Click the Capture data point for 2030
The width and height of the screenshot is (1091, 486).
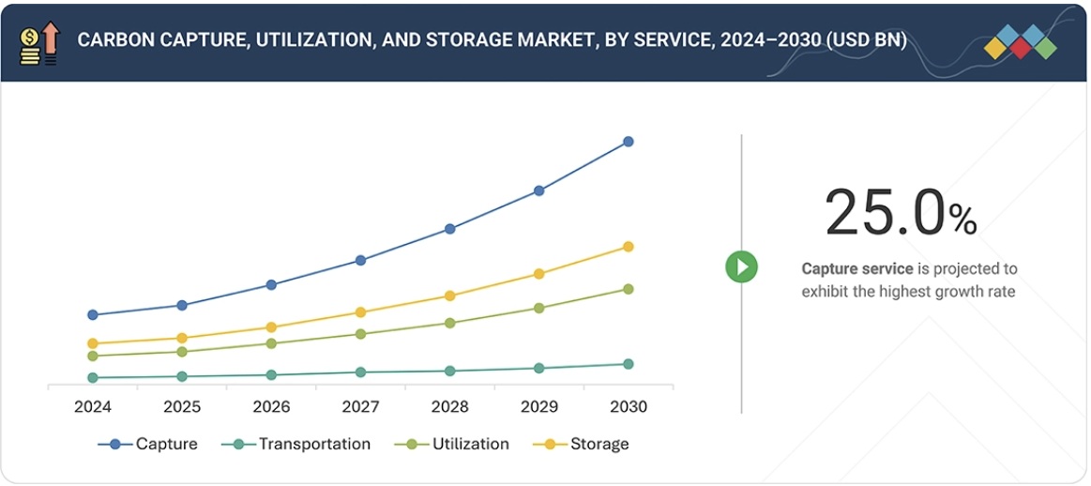tap(629, 142)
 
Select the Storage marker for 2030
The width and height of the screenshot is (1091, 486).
tap(629, 247)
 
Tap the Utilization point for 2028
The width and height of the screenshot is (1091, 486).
tap(450, 323)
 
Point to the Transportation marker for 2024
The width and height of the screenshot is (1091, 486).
tap(93, 378)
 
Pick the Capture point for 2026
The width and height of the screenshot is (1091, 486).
tap(271, 284)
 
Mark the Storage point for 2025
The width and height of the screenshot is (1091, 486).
tap(182, 338)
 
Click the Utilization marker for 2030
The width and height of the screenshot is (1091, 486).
tap(629, 289)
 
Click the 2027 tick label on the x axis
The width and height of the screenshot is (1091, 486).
tap(360, 407)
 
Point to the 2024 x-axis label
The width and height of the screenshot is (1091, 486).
tap(93, 407)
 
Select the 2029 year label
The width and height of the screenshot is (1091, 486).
tap(539, 407)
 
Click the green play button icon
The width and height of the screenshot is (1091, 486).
tap(741, 266)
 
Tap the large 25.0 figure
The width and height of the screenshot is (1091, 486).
tap(886, 213)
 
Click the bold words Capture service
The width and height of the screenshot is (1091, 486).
tap(856, 269)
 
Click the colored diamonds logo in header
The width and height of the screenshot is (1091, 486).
tap(1021, 42)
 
